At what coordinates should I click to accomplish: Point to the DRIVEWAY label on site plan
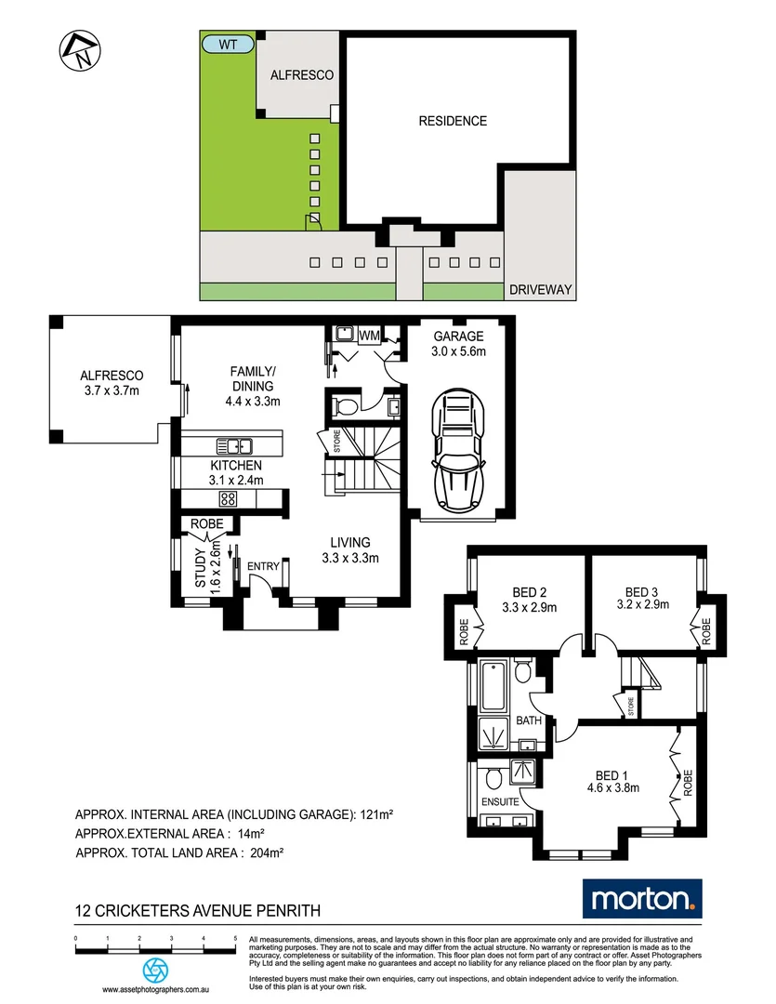click(540, 291)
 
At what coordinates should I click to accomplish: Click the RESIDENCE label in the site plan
click(452, 121)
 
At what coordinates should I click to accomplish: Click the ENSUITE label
click(500, 799)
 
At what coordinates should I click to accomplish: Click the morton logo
click(642, 899)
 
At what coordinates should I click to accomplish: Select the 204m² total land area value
click(266, 852)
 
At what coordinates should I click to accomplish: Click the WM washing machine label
click(369, 334)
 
